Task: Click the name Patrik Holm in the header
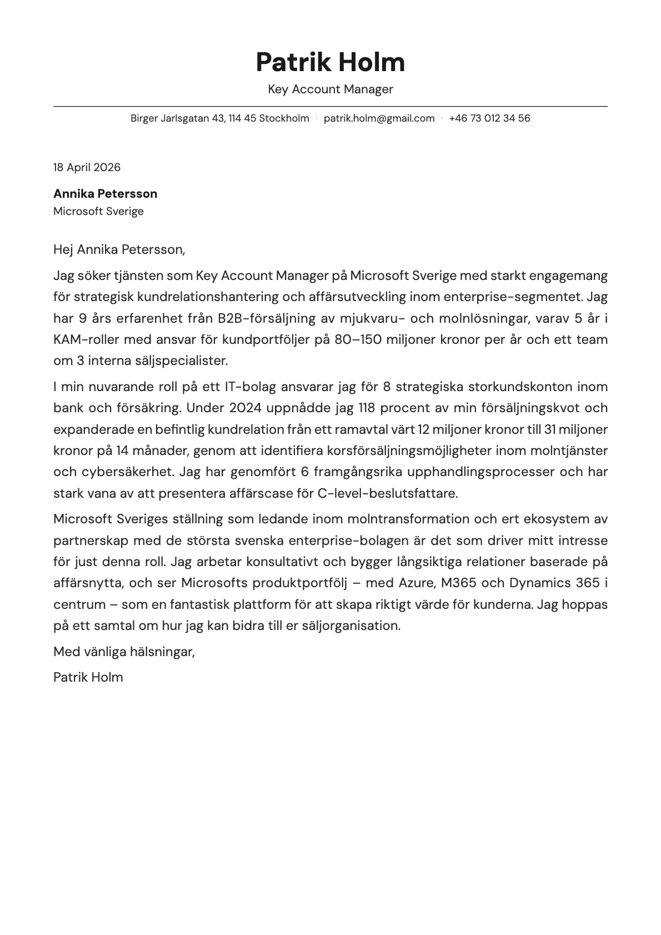tap(330, 62)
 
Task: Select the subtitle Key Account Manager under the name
tap(330, 89)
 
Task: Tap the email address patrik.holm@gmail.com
tap(379, 118)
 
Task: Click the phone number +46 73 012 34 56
tap(489, 118)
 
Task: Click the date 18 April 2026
tap(87, 167)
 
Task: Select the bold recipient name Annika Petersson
tap(105, 194)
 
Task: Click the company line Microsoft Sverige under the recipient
tap(98, 212)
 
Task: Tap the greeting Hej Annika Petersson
tap(119, 249)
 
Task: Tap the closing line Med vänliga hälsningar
tap(124, 652)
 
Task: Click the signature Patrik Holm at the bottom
tap(88, 677)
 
